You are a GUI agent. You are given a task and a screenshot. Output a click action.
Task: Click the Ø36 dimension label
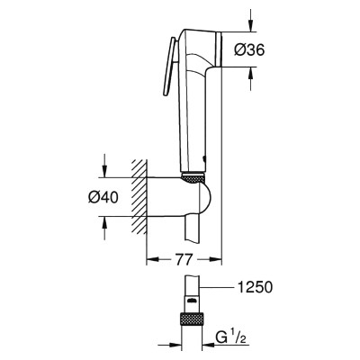tap(249, 49)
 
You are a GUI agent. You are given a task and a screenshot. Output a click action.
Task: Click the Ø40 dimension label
tap(103, 197)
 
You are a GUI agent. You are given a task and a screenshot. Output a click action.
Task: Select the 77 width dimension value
tap(184, 259)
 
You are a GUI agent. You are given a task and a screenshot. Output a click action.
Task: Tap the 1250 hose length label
tap(255, 287)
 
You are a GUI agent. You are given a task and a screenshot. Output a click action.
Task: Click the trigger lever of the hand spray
tap(169, 67)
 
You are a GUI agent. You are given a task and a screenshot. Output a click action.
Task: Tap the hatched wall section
tap(139, 196)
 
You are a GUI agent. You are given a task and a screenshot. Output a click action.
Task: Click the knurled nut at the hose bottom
tap(193, 321)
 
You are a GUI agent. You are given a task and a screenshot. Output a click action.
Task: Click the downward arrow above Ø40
tap(104, 166)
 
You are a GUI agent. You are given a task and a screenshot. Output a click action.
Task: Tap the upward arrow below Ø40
tap(104, 228)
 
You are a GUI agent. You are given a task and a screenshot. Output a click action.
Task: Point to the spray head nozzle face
tap(219, 49)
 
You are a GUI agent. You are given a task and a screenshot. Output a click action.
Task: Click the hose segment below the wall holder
tap(192, 228)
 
